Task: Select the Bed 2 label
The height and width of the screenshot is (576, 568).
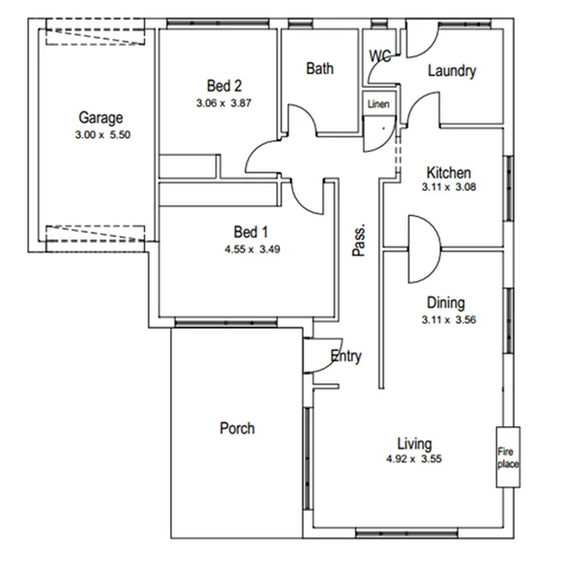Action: pos(225,84)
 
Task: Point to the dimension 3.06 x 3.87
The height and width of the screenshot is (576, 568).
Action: pos(224,101)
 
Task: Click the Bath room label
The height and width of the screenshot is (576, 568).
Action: pos(320,69)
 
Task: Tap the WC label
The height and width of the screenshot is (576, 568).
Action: pos(379,55)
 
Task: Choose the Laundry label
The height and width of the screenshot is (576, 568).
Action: pos(451,71)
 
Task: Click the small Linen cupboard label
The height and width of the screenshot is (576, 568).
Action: pos(377,103)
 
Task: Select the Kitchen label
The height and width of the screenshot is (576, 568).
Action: pos(447,172)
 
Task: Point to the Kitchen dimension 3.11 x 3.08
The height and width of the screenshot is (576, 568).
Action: pos(447,188)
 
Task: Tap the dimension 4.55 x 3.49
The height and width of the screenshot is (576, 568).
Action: pos(249,248)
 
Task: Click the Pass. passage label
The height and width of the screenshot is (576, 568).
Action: pos(359,241)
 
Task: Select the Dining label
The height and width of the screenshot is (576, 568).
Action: pos(445,303)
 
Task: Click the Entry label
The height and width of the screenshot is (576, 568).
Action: pos(345,356)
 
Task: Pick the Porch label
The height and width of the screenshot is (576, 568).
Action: pos(237,428)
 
